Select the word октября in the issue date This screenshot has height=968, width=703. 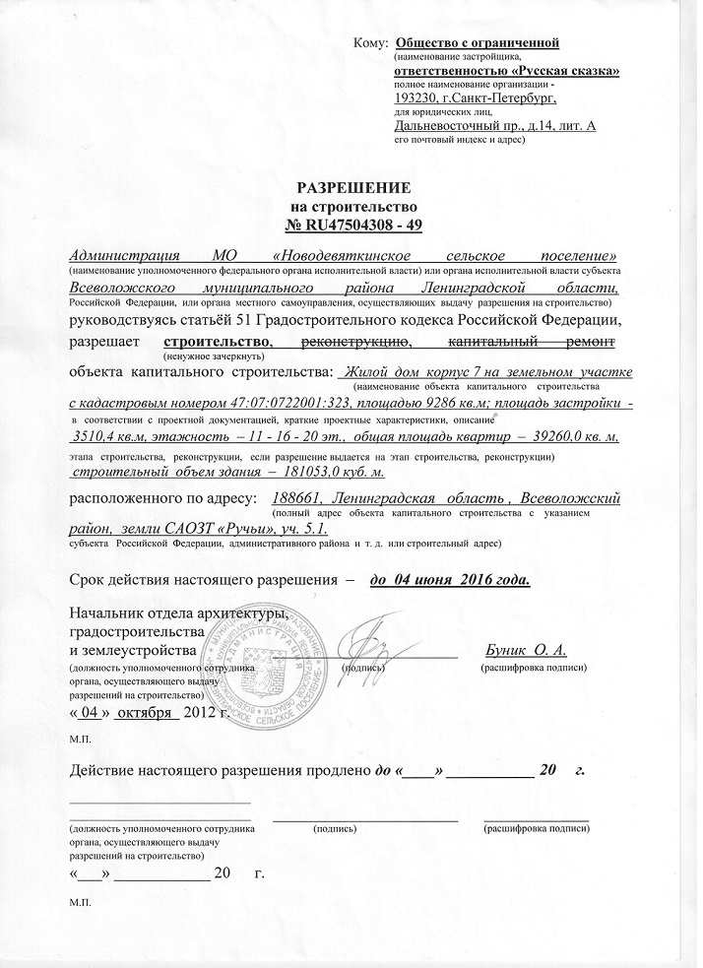[x=145, y=712]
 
